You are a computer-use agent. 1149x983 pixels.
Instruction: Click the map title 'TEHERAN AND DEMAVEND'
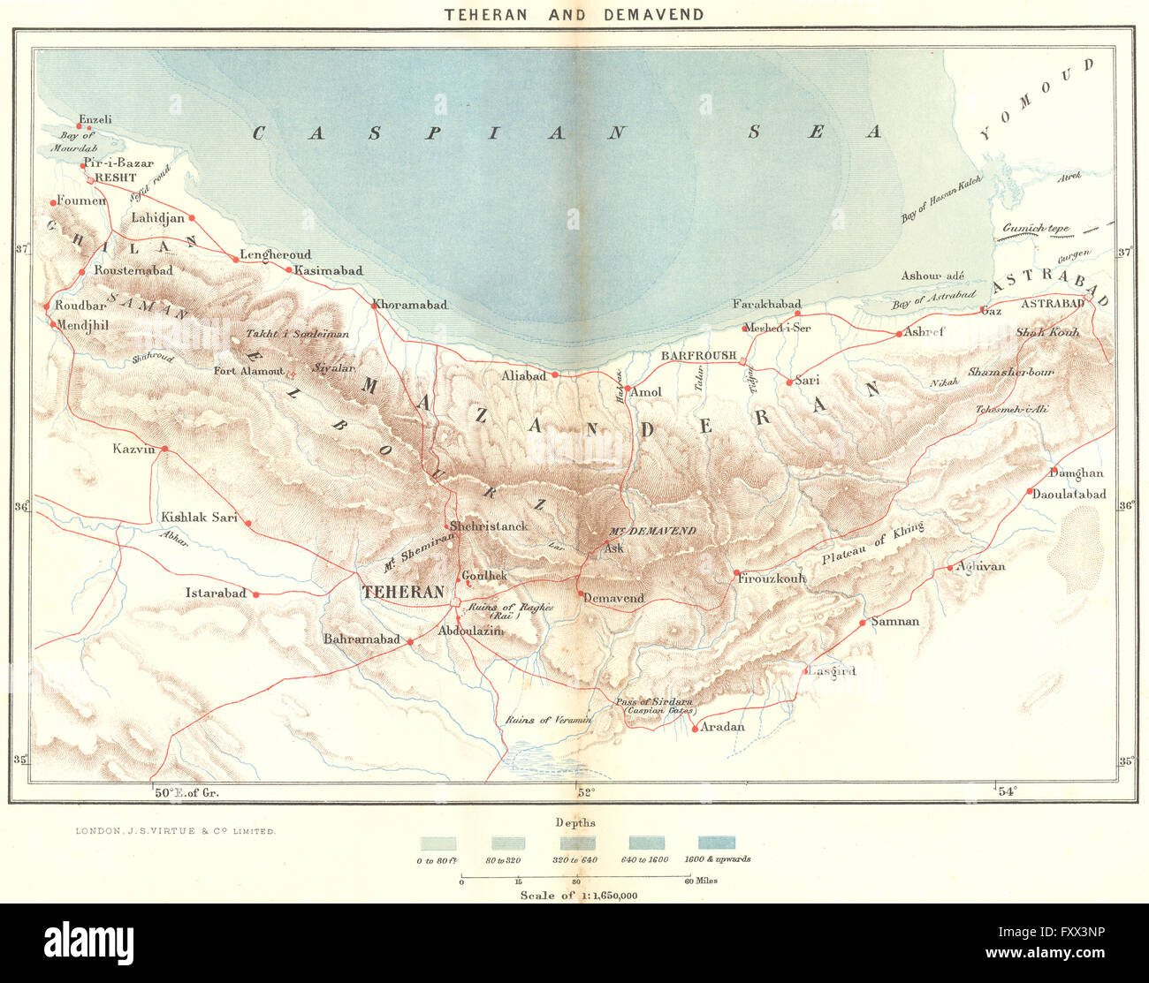pyautogui.click(x=574, y=14)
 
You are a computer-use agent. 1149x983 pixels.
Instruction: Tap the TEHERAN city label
pyautogui.click(x=403, y=593)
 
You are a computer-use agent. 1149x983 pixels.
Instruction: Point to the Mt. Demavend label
pyautogui.click(x=652, y=531)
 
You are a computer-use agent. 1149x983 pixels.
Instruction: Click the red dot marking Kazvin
pyautogui.click(x=164, y=450)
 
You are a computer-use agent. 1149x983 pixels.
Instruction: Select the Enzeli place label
pyautogui.click(x=95, y=119)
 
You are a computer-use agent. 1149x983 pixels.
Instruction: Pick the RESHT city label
pyautogui.click(x=115, y=178)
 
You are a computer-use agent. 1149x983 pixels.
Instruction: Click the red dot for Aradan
pyautogui.click(x=695, y=728)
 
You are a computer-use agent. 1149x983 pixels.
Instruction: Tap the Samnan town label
pyautogui.click(x=894, y=621)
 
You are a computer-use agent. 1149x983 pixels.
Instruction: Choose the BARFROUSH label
pyautogui.click(x=698, y=355)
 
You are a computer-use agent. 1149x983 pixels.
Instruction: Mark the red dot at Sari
pyautogui.click(x=789, y=382)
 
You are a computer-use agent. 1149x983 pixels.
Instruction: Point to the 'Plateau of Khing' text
pyautogui.click(x=873, y=544)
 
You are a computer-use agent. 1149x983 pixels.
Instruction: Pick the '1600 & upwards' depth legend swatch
pyautogui.click(x=716, y=843)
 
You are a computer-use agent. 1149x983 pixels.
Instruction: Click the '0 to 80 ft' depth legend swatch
pyautogui.click(x=438, y=843)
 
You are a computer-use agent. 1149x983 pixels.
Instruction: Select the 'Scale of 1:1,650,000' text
pyautogui.click(x=578, y=895)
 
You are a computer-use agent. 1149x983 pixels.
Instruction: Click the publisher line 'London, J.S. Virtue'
pyautogui.click(x=175, y=831)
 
